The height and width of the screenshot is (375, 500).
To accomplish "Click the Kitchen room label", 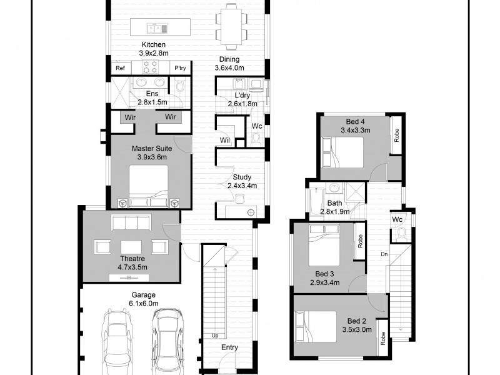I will tap(153, 44).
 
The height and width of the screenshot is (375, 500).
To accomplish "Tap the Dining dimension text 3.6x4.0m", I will tap(229, 67).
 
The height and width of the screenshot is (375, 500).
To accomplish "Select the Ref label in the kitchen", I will tap(120, 68).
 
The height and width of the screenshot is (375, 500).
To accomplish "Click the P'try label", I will tap(180, 68).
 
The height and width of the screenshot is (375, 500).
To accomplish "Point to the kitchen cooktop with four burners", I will tap(150, 67).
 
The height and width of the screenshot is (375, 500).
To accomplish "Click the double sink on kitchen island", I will tap(156, 27).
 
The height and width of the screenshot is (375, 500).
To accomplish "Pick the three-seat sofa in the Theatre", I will tap(132, 223).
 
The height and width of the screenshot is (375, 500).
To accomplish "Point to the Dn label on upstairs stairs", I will tap(384, 254).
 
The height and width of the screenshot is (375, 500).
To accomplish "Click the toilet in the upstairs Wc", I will tap(401, 234).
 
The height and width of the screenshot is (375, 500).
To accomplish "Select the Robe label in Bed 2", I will tap(382, 337).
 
